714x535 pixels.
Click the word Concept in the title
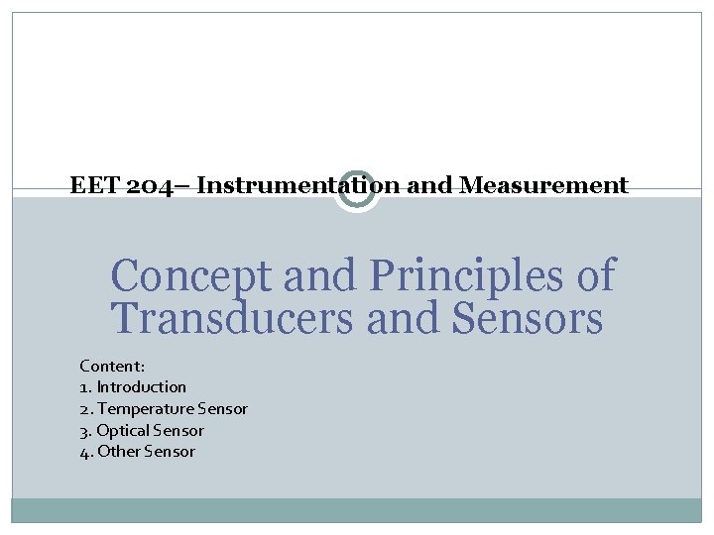(x=190, y=276)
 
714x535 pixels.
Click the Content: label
(x=111, y=365)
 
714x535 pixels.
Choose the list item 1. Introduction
(x=133, y=386)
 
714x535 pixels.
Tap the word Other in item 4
(x=118, y=452)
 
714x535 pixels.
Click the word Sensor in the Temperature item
(x=223, y=408)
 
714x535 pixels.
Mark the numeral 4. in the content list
(x=85, y=452)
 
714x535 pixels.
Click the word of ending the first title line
(x=595, y=276)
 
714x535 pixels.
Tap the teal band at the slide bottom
(x=357, y=509)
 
